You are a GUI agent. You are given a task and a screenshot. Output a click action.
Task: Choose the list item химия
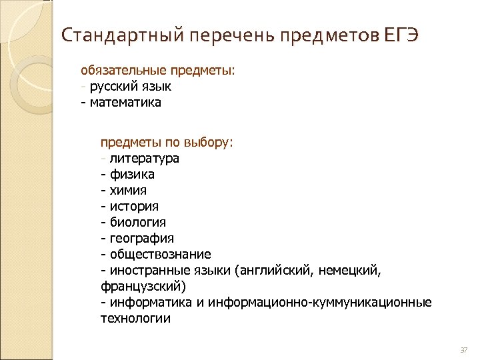pos(133,191)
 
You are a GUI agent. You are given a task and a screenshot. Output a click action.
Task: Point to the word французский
pos(143,287)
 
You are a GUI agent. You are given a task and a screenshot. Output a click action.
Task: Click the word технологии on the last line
pos(135,319)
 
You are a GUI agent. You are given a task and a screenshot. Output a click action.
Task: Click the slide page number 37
pos(464,350)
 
